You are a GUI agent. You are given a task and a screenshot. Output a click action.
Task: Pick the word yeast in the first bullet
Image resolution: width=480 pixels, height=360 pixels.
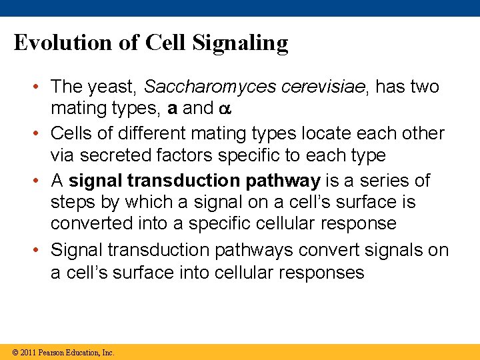[x=113, y=87]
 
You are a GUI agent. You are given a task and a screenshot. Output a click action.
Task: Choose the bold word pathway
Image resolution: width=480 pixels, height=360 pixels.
[x=283, y=181]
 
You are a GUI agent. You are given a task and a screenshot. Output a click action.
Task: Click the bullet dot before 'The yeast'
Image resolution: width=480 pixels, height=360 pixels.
[x=41, y=87]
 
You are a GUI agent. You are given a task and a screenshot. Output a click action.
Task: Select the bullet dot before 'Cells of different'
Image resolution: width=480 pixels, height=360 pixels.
[x=41, y=133]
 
